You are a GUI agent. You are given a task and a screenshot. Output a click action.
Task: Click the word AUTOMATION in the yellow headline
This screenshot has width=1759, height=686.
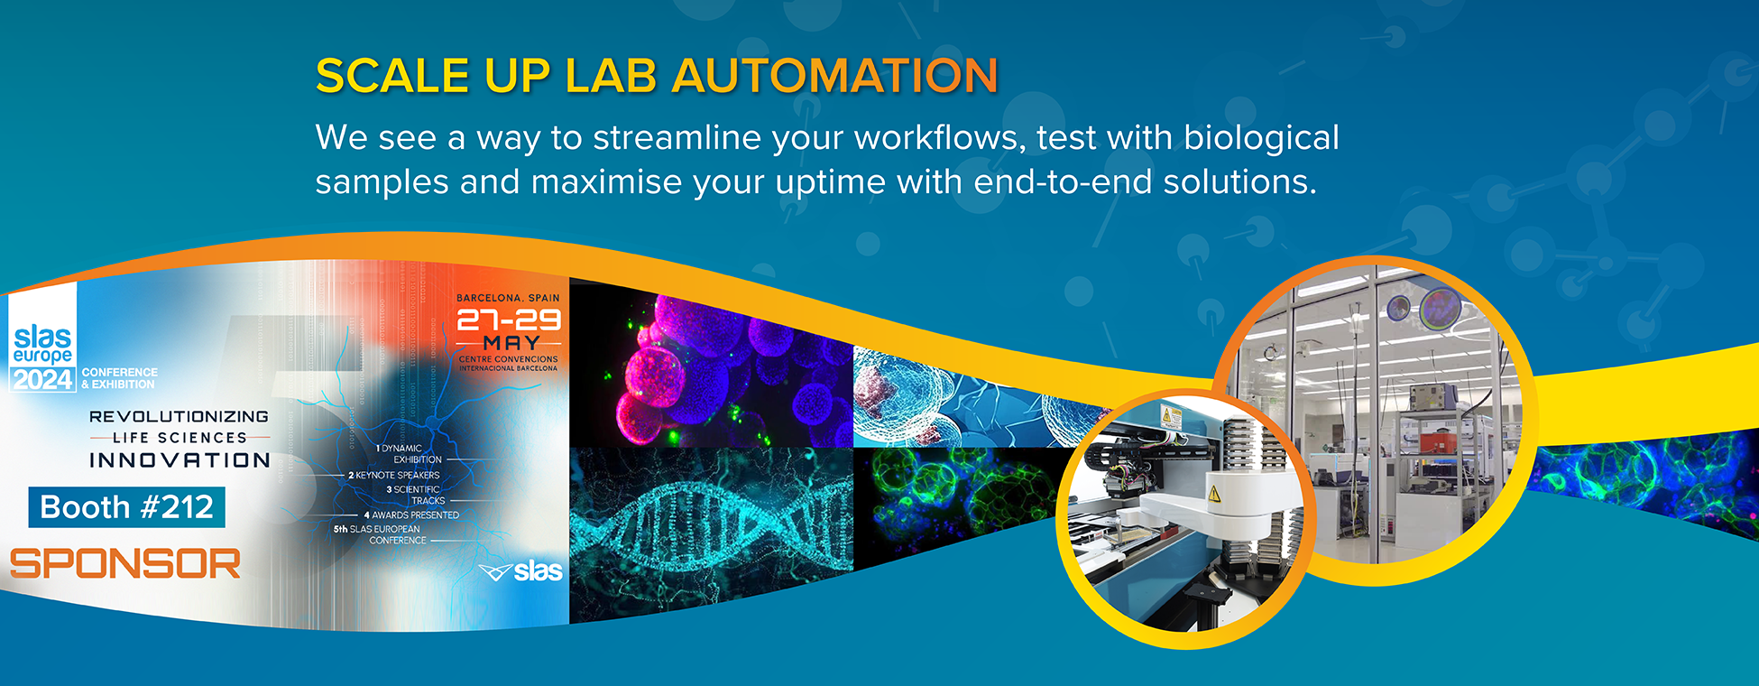(x=835, y=76)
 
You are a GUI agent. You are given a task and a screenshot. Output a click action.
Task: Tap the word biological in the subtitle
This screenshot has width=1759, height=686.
(x=1261, y=138)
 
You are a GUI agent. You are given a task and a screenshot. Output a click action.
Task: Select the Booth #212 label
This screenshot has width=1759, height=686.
(x=126, y=507)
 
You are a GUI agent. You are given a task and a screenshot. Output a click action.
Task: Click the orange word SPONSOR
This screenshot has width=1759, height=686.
(x=125, y=564)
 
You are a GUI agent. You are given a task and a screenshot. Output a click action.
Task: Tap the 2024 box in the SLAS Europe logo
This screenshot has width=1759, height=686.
(x=42, y=380)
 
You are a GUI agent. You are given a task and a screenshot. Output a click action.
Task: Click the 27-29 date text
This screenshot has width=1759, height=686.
(x=509, y=320)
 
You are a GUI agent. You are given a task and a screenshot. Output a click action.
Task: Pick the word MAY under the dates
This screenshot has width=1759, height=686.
(x=511, y=343)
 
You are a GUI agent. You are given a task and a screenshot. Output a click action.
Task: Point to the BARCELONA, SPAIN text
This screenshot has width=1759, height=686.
(x=508, y=298)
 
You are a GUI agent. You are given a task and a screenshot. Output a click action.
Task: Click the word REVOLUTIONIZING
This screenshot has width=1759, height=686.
(x=179, y=416)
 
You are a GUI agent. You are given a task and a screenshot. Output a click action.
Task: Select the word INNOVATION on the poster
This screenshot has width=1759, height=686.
(x=180, y=460)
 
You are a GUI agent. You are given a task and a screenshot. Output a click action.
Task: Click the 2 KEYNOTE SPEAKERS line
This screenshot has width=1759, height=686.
(x=394, y=475)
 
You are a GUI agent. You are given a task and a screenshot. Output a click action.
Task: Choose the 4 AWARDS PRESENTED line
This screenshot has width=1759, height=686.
(x=411, y=514)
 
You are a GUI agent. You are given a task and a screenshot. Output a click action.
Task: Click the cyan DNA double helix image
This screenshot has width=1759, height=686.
(x=710, y=533)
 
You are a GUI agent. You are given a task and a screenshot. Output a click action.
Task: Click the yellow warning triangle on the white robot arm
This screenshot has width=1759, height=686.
(x=1214, y=493)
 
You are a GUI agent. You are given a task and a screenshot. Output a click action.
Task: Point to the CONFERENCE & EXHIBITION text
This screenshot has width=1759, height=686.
(x=119, y=378)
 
